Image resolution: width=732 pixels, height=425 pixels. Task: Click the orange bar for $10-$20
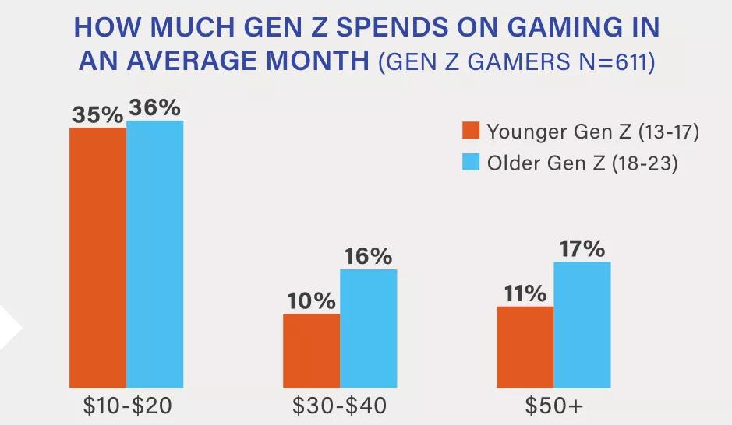click(97, 258)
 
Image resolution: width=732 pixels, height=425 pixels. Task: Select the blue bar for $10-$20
click(154, 255)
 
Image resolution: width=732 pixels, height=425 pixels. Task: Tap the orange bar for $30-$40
click(311, 351)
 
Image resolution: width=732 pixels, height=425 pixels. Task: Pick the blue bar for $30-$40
click(368, 328)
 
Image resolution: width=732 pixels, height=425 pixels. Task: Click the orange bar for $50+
click(525, 347)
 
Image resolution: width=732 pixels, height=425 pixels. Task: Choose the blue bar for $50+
click(582, 325)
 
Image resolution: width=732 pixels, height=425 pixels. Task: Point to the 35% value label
click(97, 114)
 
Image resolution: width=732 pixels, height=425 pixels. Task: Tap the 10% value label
click(310, 300)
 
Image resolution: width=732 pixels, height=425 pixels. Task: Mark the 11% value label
click(524, 293)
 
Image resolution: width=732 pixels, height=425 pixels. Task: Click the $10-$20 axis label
click(126, 406)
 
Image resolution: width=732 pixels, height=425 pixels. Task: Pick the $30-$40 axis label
click(339, 406)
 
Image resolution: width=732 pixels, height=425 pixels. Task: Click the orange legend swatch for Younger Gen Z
click(470, 131)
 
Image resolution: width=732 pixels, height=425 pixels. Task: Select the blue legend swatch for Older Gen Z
click(470, 163)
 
